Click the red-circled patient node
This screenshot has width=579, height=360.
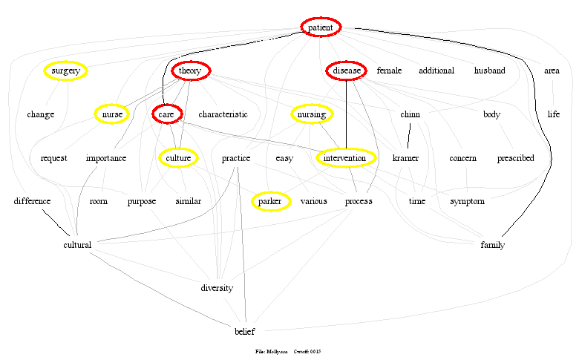pyautogui.click(x=321, y=27)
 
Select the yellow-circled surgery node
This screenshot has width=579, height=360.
pyautogui.click(x=65, y=71)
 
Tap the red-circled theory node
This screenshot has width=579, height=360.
pyautogui.click(x=192, y=71)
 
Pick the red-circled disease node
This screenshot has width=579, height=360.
pyautogui.click(x=346, y=71)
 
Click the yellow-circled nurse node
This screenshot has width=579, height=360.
pyautogui.click(x=112, y=114)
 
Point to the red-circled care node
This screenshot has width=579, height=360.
pyautogui.click(x=166, y=114)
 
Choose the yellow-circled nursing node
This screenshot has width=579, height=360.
pyautogui.click(x=311, y=114)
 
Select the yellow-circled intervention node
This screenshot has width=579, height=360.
pyautogui.click(x=345, y=158)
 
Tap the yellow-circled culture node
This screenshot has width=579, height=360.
pyautogui.click(x=178, y=158)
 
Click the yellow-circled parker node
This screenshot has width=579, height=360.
pyautogui.click(x=270, y=201)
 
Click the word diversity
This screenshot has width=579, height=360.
pyautogui.click(x=217, y=288)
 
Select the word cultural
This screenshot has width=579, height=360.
pyautogui.click(x=77, y=245)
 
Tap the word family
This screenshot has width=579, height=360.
pyautogui.click(x=492, y=245)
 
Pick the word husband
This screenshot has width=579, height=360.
pyautogui.click(x=489, y=71)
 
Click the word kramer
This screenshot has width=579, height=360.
pyautogui.click(x=405, y=158)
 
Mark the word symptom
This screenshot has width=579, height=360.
pyautogui.click(x=467, y=201)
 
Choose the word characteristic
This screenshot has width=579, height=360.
pyautogui.click(x=223, y=114)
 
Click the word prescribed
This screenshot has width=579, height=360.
pyautogui.click(x=515, y=158)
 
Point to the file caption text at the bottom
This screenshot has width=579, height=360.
pyautogui.click(x=287, y=351)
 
